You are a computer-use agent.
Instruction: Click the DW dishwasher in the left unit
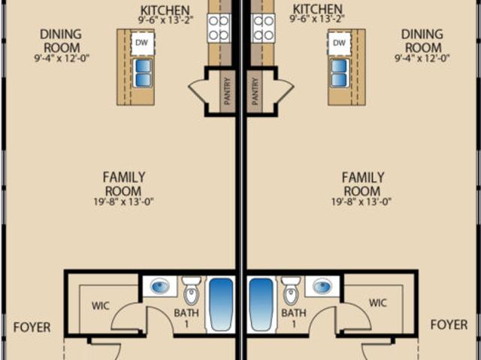pos(143,44)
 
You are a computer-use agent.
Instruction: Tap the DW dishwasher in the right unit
pos(339,44)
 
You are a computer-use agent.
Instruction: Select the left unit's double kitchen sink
pos(144,73)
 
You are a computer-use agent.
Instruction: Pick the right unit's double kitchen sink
pos(339,73)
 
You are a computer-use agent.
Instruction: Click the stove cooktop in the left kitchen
pos(219,29)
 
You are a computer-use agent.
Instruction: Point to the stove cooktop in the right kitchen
pos(264,29)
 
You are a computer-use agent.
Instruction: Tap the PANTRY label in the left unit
pos(228,92)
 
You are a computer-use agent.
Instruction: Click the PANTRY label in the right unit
pos(255,92)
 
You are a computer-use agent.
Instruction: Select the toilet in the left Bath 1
pos(192,290)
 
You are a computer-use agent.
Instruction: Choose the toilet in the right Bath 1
pos(291,290)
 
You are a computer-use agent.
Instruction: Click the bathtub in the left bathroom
pos(221,304)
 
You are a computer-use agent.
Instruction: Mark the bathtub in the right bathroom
pos(261,304)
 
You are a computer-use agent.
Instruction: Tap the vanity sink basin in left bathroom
pos(160,286)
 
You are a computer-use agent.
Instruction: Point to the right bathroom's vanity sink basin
pos(322,286)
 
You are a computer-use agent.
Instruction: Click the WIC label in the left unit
pos(100,306)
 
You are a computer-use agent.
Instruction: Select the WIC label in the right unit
pos(377,303)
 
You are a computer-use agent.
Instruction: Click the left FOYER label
pos(32,328)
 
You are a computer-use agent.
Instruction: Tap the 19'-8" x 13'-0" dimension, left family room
pos(123,201)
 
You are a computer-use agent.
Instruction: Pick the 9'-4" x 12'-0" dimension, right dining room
pos(422,58)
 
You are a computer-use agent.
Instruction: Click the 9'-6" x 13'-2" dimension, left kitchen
pos(165,20)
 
